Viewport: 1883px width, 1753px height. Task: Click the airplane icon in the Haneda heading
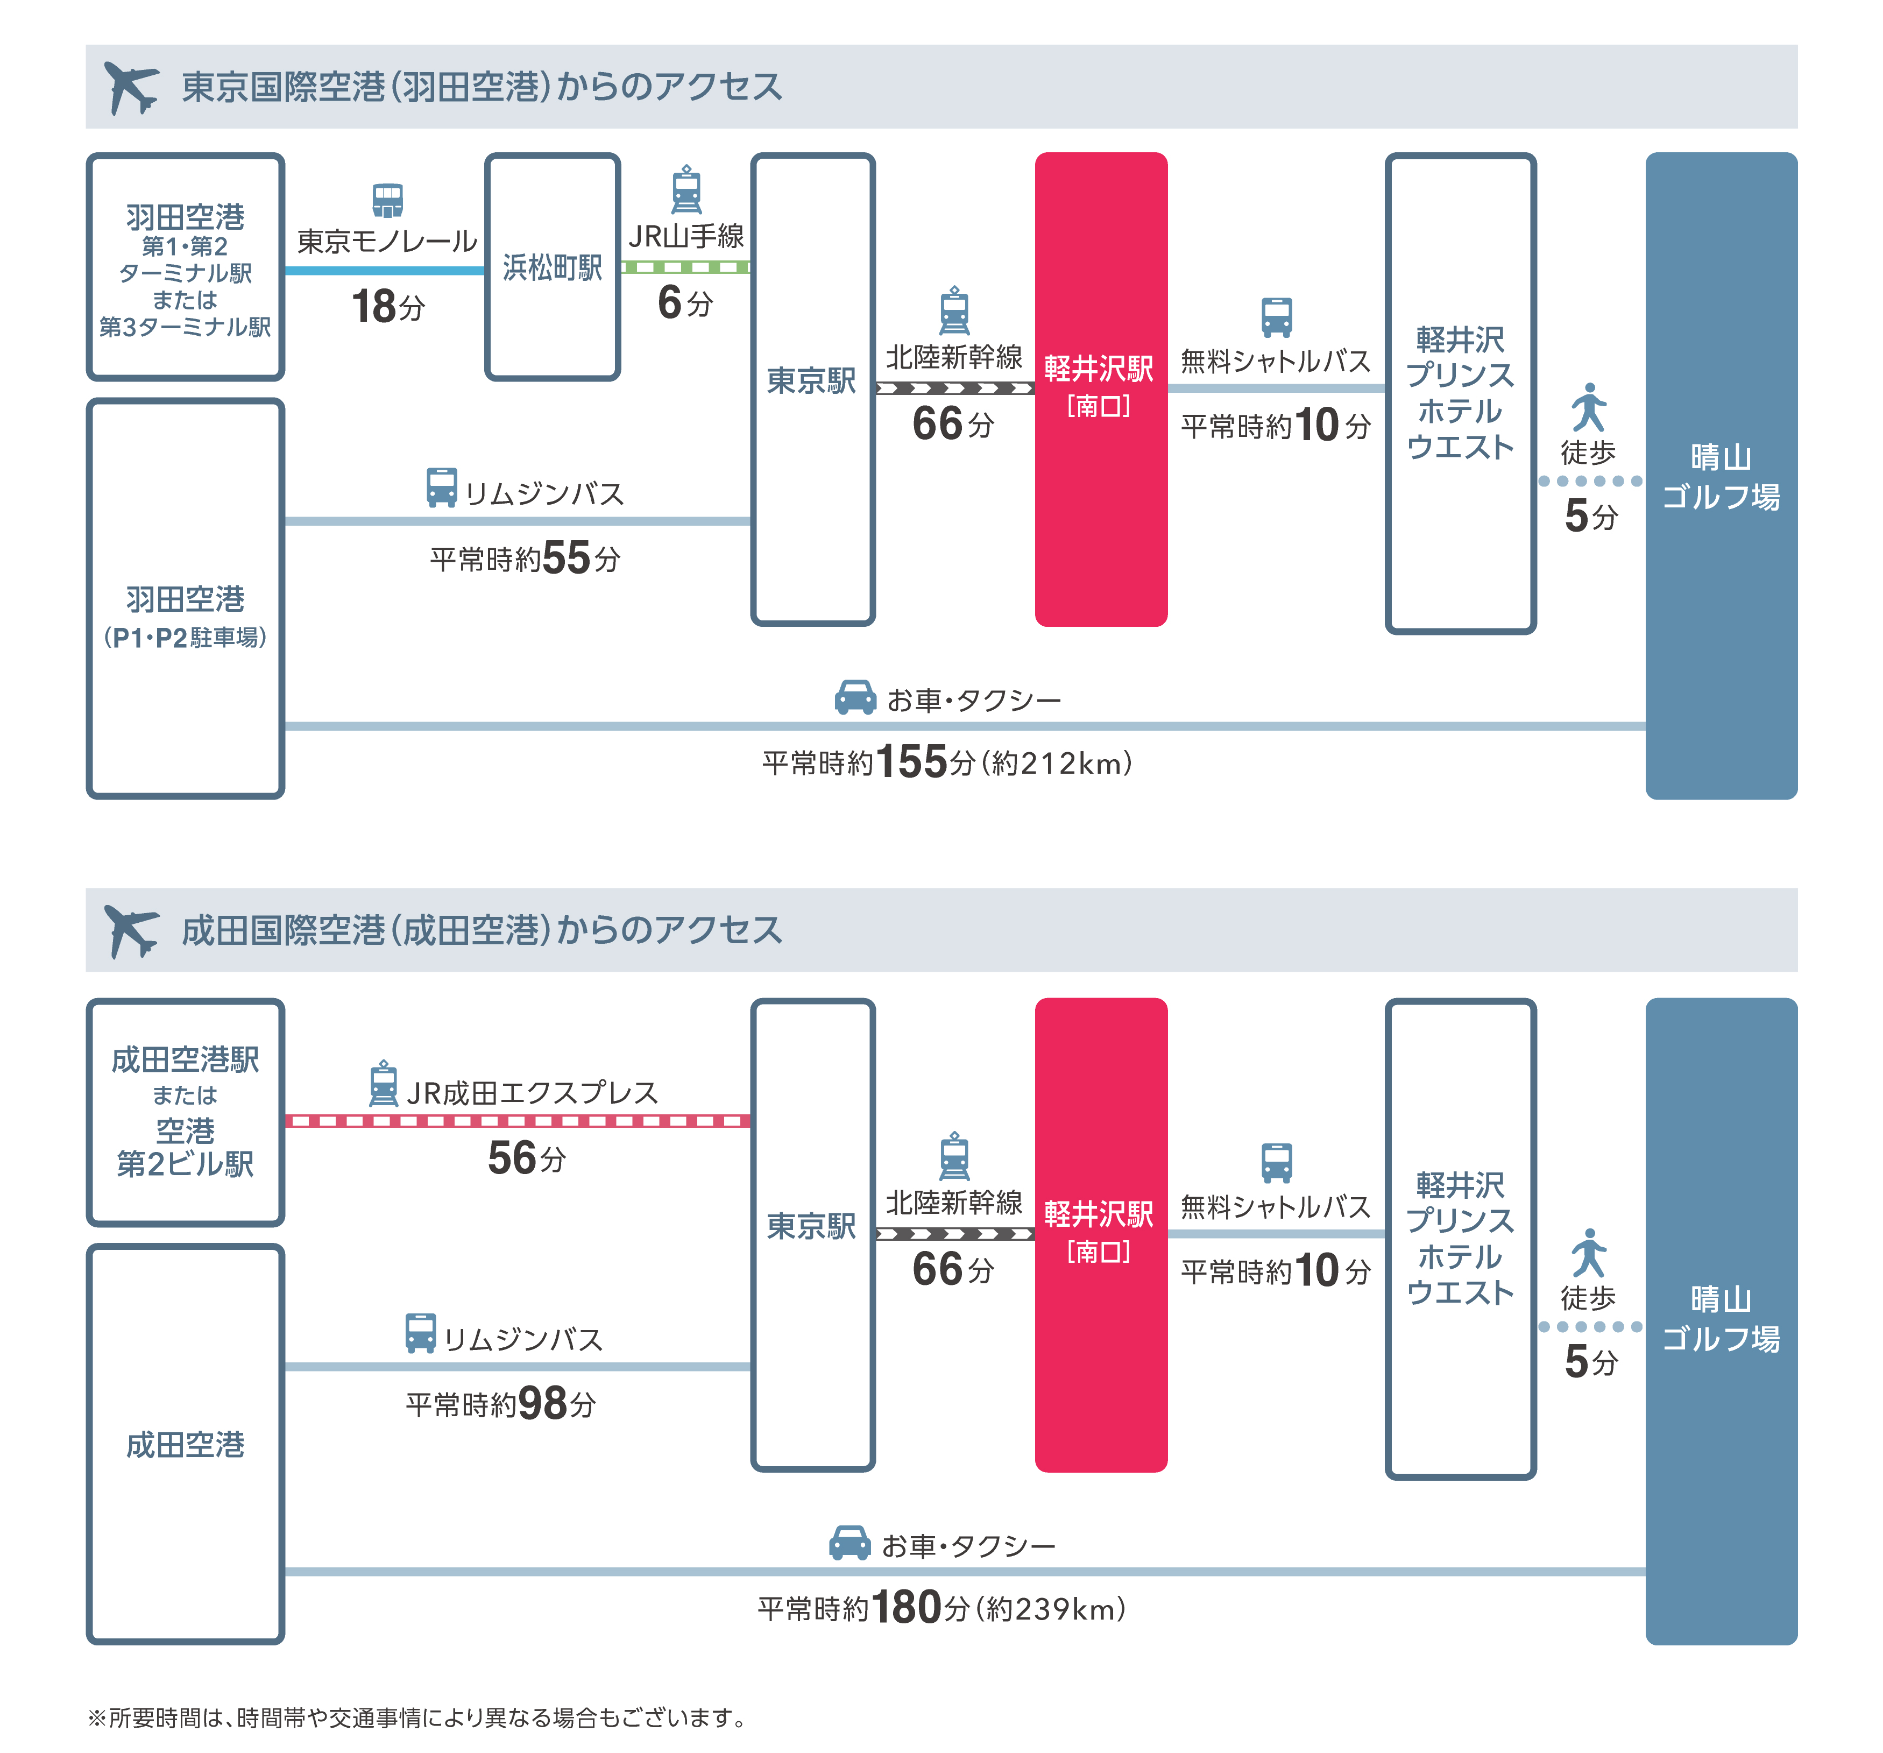pyautogui.click(x=131, y=87)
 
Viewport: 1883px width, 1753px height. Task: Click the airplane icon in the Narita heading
pyautogui.click(x=131, y=930)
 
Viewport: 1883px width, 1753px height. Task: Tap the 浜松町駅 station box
pyautogui.click(x=552, y=267)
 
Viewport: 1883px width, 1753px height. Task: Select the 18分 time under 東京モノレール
pyautogui.click(x=387, y=307)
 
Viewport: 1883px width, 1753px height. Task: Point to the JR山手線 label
pyautogui.click(x=686, y=236)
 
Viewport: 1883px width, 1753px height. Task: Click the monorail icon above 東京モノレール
pyautogui.click(x=387, y=200)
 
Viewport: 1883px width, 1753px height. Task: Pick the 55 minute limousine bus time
pyautogui.click(x=526, y=559)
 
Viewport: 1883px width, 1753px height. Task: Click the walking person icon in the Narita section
pyautogui.click(x=1588, y=1253)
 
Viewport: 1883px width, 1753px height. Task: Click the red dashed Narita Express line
pyautogui.click(x=517, y=1121)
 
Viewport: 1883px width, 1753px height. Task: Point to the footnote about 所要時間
pyautogui.click(x=417, y=1717)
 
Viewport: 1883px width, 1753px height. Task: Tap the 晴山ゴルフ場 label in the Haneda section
pyautogui.click(x=1721, y=476)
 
